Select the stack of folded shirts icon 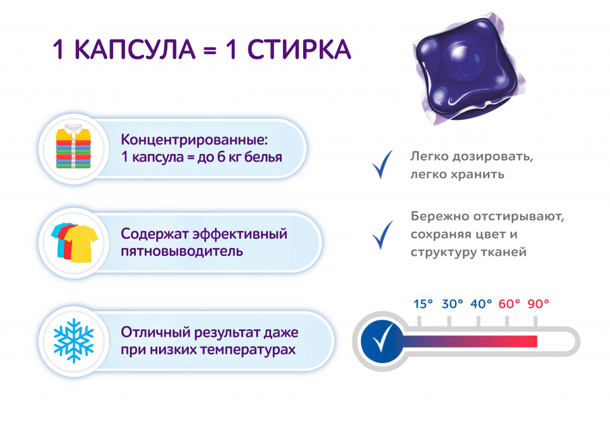pos(73,148)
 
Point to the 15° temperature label pos(424,304)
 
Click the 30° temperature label pos(453,304)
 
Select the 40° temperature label pos(481,304)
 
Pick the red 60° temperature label pos(510,304)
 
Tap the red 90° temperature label pos(539,304)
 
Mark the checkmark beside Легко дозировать pos(382,165)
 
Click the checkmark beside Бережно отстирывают pos(382,234)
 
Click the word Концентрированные pos(195,140)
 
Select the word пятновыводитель pos(182,250)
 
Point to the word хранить pos(480,175)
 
